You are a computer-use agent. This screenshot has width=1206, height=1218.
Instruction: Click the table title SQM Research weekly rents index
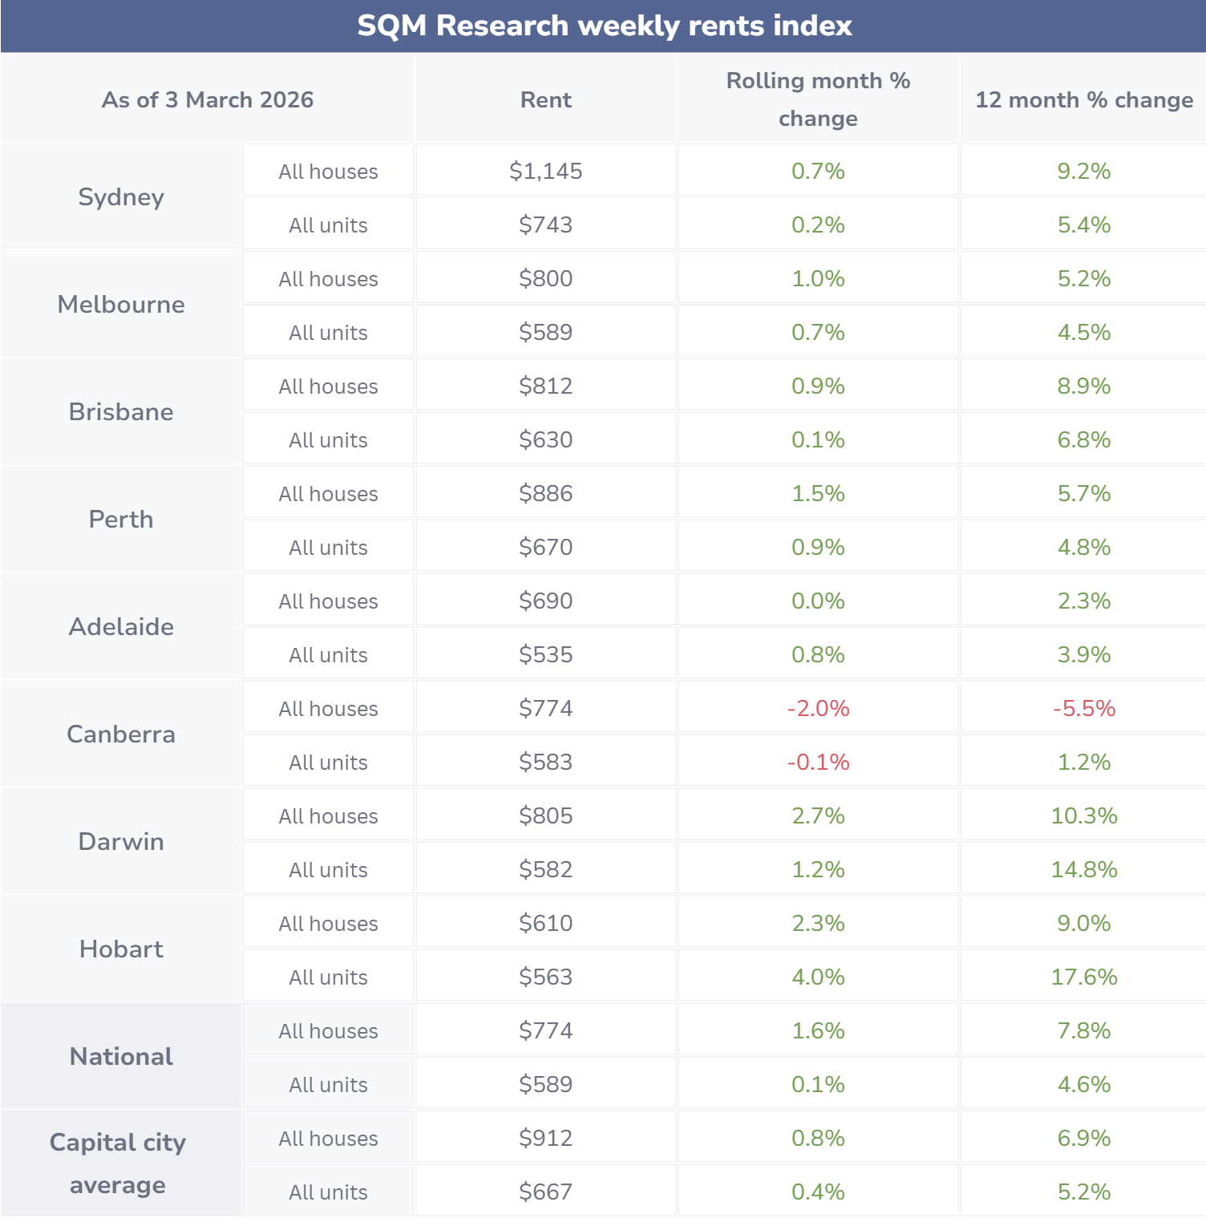click(x=604, y=26)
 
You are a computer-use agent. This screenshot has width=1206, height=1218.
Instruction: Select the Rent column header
click(x=545, y=99)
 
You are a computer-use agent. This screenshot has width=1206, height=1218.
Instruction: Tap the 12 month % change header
click(x=1083, y=99)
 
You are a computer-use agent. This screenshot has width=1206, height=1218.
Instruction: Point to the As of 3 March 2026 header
click(x=207, y=99)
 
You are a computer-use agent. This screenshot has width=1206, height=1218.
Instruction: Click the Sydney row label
click(x=121, y=197)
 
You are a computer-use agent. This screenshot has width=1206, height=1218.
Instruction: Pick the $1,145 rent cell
click(x=545, y=171)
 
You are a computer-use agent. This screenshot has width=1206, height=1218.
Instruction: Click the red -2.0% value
click(x=818, y=708)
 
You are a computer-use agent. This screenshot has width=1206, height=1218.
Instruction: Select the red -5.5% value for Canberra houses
click(x=1083, y=708)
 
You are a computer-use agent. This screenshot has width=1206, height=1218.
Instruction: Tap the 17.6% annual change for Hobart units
click(x=1083, y=977)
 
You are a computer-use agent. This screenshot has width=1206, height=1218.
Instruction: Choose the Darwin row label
click(x=121, y=842)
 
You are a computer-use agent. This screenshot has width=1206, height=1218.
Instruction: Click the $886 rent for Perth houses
click(x=545, y=493)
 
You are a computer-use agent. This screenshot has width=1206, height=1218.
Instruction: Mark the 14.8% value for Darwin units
click(x=1083, y=869)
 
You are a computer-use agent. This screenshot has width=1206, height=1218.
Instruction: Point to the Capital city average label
click(x=118, y=1163)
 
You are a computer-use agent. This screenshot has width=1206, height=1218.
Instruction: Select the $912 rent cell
click(x=545, y=1138)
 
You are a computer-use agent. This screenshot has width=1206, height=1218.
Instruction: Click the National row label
click(x=121, y=1057)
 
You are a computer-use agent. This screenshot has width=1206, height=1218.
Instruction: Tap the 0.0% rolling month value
click(x=818, y=601)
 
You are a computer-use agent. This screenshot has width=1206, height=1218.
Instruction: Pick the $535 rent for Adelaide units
click(x=545, y=654)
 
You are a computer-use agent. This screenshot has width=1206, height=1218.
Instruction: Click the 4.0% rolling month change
click(x=818, y=977)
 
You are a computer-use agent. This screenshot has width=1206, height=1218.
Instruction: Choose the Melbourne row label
click(x=121, y=305)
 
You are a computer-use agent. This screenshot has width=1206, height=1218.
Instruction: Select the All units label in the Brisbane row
click(x=328, y=440)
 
